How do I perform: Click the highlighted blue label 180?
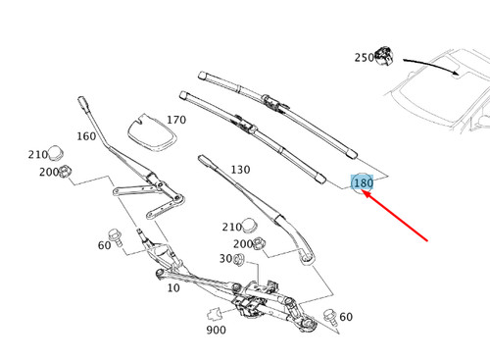(363, 183)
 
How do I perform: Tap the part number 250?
(365, 59)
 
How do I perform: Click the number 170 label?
(174, 121)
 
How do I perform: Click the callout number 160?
(86, 137)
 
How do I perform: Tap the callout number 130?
(240, 170)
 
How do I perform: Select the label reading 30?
(224, 259)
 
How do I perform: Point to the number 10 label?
(173, 288)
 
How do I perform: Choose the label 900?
(216, 331)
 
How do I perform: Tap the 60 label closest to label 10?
(104, 244)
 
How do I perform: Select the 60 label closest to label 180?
(345, 316)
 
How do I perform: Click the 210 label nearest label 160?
(37, 155)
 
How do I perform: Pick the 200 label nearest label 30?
(241, 243)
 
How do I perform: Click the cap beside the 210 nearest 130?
(260, 228)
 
